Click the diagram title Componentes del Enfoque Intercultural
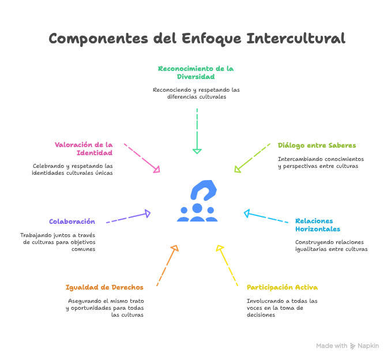tap(197, 39)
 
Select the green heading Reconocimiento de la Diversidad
tap(195, 72)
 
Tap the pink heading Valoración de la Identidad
tap(84, 149)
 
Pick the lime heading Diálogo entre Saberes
tap(317, 145)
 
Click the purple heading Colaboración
tap(72, 222)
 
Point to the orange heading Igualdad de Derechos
tap(104, 287)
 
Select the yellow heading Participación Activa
tap(282, 287)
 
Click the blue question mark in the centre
tap(202, 191)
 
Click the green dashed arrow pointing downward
tap(197, 130)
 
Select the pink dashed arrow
tap(142, 157)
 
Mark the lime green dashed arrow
tap(252, 157)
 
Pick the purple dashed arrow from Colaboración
tap(128, 217)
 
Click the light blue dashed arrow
tap(266, 217)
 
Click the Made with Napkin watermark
tap(347, 346)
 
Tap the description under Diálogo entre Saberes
tap(320, 163)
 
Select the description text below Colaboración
tap(58, 242)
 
